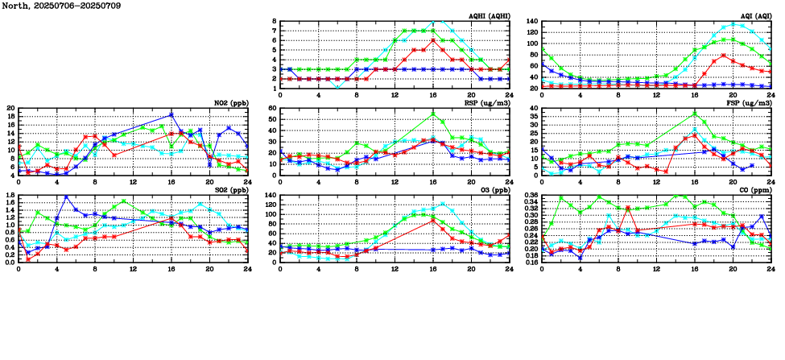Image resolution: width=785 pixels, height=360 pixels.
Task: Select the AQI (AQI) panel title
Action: (754, 15)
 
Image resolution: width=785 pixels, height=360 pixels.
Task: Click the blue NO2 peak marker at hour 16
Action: (171, 114)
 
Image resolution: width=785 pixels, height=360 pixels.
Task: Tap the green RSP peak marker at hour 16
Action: (433, 114)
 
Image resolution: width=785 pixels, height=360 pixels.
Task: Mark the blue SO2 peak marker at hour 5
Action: (66, 197)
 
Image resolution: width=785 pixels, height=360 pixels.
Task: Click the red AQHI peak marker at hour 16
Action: (433, 40)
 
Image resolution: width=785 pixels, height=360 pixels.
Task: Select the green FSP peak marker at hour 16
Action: (695, 114)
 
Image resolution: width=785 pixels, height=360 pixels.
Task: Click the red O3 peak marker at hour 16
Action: (433, 220)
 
